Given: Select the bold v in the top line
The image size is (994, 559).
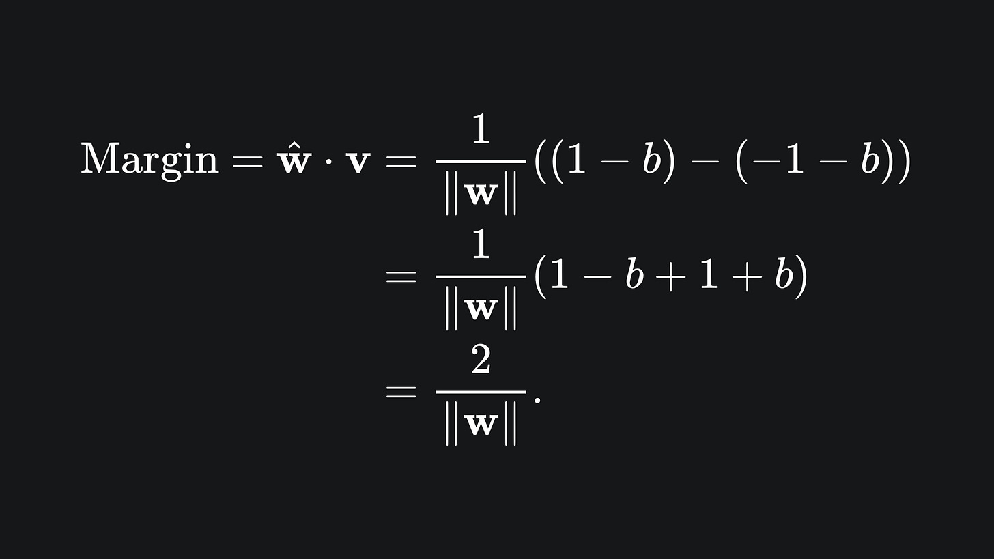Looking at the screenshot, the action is pyautogui.click(x=358, y=163).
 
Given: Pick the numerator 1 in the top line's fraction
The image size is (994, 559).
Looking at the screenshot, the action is pyautogui.click(x=481, y=129).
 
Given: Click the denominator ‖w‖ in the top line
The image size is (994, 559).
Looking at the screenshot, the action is pyautogui.click(x=481, y=195).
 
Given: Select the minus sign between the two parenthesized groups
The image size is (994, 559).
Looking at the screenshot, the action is pyautogui.click(x=707, y=162).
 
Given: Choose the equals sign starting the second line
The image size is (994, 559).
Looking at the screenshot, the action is pyautogui.click(x=401, y=276).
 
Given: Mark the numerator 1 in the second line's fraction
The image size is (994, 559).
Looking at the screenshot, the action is pyautogui.click(x=481, y=244).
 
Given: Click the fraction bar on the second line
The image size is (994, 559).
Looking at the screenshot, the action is pyautogui.click(x=481, y=277).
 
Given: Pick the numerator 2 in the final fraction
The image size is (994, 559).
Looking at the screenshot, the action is pyautogui.click(x=481, y=359).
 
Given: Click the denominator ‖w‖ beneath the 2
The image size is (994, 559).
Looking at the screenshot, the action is pyautogui.click(x=481, y=425).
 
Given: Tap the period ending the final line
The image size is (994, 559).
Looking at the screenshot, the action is pyautogui.click(x=537, y=400).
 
